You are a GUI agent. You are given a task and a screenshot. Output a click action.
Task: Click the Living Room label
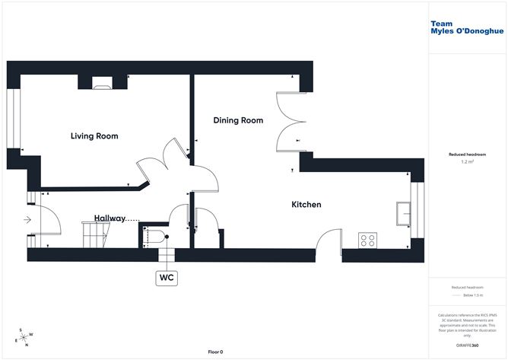[x=94, y=136]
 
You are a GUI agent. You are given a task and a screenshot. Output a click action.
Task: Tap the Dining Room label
[x=238, y=120]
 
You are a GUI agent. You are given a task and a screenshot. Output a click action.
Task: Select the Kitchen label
[x=306, y=204]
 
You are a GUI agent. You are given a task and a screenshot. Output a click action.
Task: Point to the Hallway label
[x=110, y=218]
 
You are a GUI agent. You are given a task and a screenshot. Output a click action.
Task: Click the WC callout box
[x=167, y=278]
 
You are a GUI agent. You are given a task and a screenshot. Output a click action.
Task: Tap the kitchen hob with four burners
[x=368, y=240]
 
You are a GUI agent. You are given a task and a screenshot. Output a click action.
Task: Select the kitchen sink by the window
[x=402, y=214]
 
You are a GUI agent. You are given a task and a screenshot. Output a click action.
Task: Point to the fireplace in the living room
[x=102, y=83]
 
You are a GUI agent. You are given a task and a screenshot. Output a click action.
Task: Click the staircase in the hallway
[x=95, y=234]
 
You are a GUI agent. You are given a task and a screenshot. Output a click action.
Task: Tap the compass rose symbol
[x=24, y=336]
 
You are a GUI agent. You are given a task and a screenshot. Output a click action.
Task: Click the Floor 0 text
[x=215, y=352]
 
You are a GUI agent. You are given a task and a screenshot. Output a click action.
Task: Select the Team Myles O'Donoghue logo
[x=462, y=27]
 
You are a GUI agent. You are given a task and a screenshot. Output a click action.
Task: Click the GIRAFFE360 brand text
[x=467, y=346]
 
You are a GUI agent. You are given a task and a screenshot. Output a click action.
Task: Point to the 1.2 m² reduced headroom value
[x=467, y=162]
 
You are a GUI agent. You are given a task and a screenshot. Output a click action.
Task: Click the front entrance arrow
[x=27, y=221]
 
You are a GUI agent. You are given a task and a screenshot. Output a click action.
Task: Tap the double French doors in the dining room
[x=291, y=125]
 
